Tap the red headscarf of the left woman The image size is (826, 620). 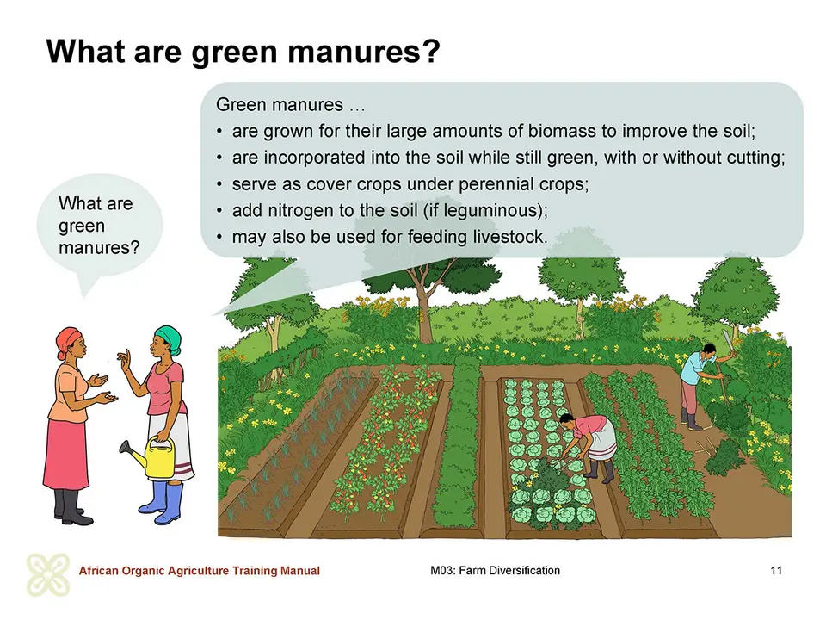(x=68, y=341)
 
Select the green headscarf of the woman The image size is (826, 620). (x=168, y=338)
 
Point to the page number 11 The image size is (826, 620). (x=776, y=570)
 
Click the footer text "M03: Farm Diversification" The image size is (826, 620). (x=496, y=570)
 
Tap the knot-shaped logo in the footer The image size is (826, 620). (x=48, y=574)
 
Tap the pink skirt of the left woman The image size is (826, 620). (x=65, y=455)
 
